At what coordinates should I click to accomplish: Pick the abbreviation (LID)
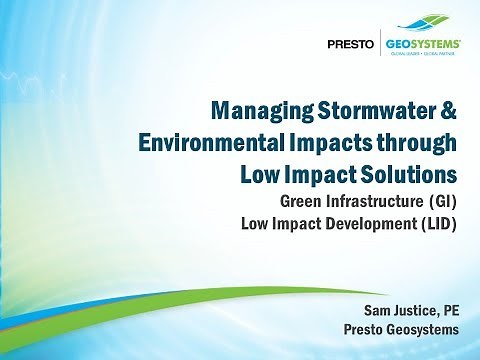pyautogui.click(x=437, y=222)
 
